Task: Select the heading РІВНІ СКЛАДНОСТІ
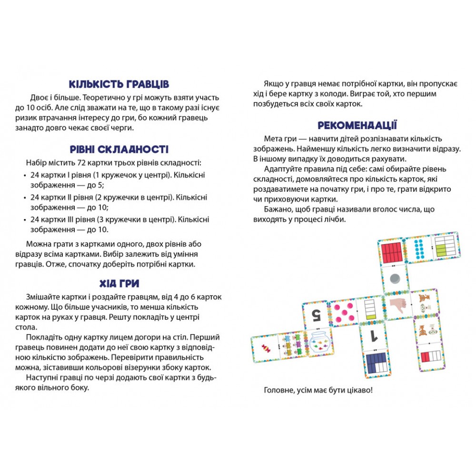point(119,149)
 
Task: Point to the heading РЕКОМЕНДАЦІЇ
point(357,126)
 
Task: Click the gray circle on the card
point(395,278)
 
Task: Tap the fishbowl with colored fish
point(316,342)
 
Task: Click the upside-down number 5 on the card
point(316,314)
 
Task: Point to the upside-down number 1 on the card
point(375,337)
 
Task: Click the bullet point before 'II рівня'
point(25,197)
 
